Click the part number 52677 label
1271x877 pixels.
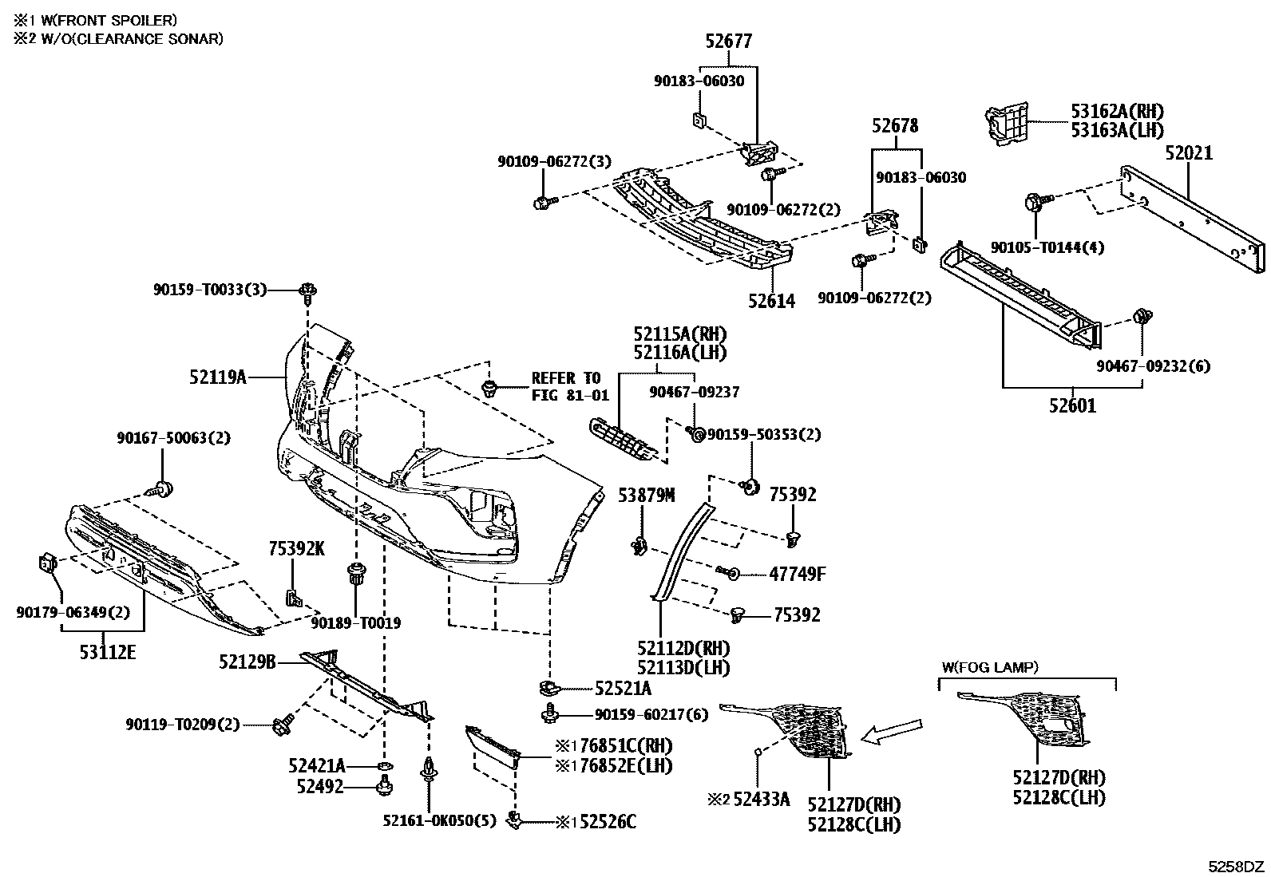[x=728, y=41]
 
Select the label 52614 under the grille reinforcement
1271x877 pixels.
[x=772, y=302]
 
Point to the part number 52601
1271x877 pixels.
[x=1072, y=406]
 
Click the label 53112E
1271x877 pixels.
[x=108, y=653]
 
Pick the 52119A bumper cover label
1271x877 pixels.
[x=218, y=377]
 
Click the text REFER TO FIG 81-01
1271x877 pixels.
[x=570, y=386]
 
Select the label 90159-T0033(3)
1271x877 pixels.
[x=210, y=290]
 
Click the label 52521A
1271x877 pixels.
[x=623, y=689]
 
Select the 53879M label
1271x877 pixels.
[x=646, y=496]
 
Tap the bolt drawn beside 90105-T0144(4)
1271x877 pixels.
[x=1037, y=201]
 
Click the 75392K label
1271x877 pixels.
[x=296, y=548]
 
